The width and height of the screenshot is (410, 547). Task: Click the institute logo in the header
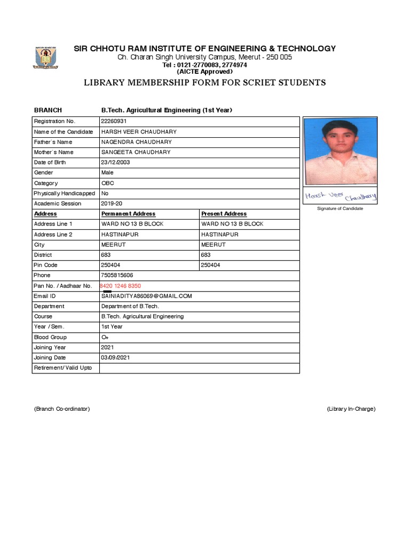(x=47, y=58)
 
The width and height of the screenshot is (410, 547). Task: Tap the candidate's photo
(x=340, y=151)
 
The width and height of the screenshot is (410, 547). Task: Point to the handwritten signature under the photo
(x=341, y=197)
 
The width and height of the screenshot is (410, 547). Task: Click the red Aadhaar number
(x=121, y=286)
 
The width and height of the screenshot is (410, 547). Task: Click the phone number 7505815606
(x=117, y=276)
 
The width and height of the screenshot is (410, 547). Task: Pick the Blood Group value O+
(x=105, y=337)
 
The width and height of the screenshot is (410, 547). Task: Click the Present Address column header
(x=224, y=214)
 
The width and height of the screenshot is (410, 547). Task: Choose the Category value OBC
(x=108, y=183)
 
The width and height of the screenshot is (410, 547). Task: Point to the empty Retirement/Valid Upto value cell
(x=199, y=368)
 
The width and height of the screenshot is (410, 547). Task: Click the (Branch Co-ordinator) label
(x=62, y=409)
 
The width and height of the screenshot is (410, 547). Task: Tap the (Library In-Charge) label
(x=351, y=409)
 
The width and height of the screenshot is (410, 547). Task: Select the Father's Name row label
(x=53, y=142)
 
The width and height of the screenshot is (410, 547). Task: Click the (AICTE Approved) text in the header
(x=204, y=72)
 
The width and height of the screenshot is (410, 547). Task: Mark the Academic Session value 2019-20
(x=111, y=204)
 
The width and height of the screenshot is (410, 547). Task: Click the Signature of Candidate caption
(x=340, y=208)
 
